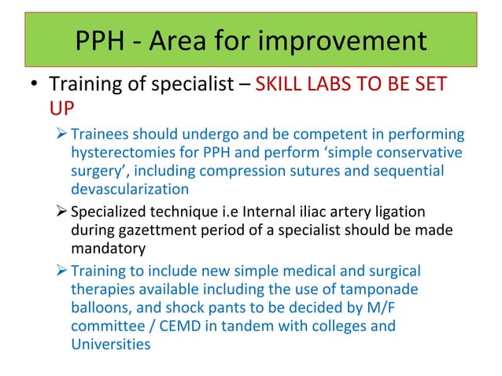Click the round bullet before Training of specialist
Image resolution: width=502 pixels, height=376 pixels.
34,83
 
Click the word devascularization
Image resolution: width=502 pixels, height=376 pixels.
130,190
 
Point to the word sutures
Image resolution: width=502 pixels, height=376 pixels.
332,171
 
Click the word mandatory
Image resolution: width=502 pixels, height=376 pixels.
108,249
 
